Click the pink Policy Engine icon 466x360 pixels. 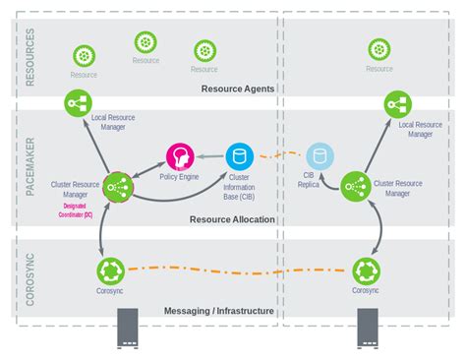(x=180, y=155)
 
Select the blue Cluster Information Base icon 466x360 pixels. (x=239, y=155)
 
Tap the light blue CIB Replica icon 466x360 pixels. (x=317, y=155)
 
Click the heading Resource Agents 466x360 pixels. (x=237, y=89)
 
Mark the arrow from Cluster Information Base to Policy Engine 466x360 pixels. (x=209, y=155)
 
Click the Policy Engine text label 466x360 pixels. (x=180, y=177)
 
